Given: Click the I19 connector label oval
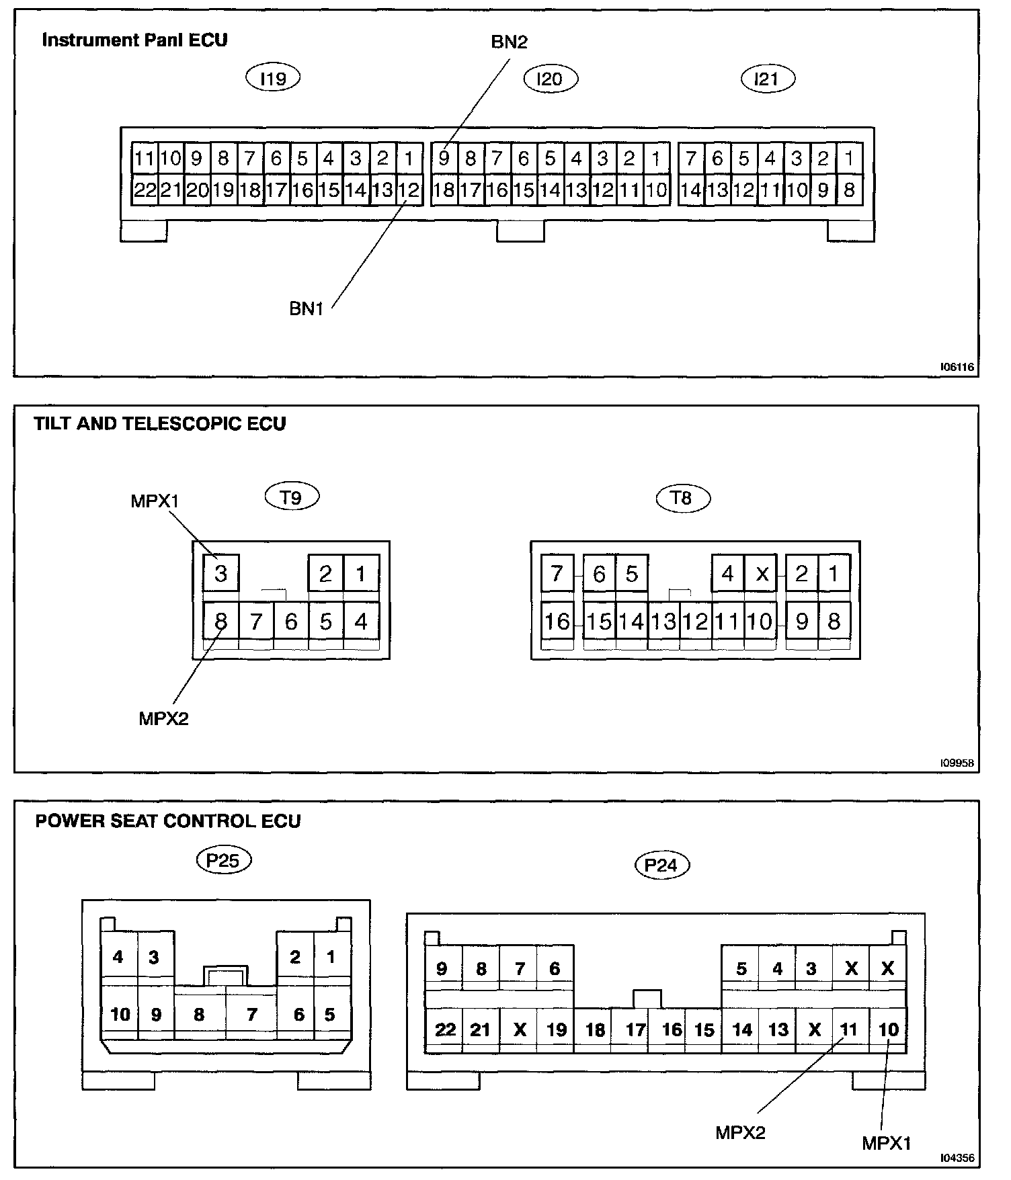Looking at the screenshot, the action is click(272, 79).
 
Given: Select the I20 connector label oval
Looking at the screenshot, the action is click(551, 79).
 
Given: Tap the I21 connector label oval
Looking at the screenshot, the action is click(767, 79).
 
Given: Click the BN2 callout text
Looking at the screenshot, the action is click(509, 42).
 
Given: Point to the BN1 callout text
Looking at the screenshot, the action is click(307, 309).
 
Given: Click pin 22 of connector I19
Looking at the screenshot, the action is click(144, 191).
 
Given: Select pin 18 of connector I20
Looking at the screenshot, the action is click(444, 191).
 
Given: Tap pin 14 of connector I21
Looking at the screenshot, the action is click(691, 191).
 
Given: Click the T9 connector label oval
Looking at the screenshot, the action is click(290, 498).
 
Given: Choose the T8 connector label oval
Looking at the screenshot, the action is click(682, 498).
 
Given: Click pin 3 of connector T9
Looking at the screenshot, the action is click(220, 574).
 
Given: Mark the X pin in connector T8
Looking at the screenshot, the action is click(762, 575).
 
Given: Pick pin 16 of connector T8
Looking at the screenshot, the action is click(557, 622).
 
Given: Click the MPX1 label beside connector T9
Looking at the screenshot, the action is click(155, 502).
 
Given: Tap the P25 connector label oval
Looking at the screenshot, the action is click(223, 861).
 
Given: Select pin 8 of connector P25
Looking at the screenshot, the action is click(199, 1014).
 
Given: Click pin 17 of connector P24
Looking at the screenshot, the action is click(635, 1029).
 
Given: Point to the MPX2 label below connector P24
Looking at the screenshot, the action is click(740, 1132).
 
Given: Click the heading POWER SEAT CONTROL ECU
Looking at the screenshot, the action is click(168, 821).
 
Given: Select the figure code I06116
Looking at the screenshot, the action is click(957, 368).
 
